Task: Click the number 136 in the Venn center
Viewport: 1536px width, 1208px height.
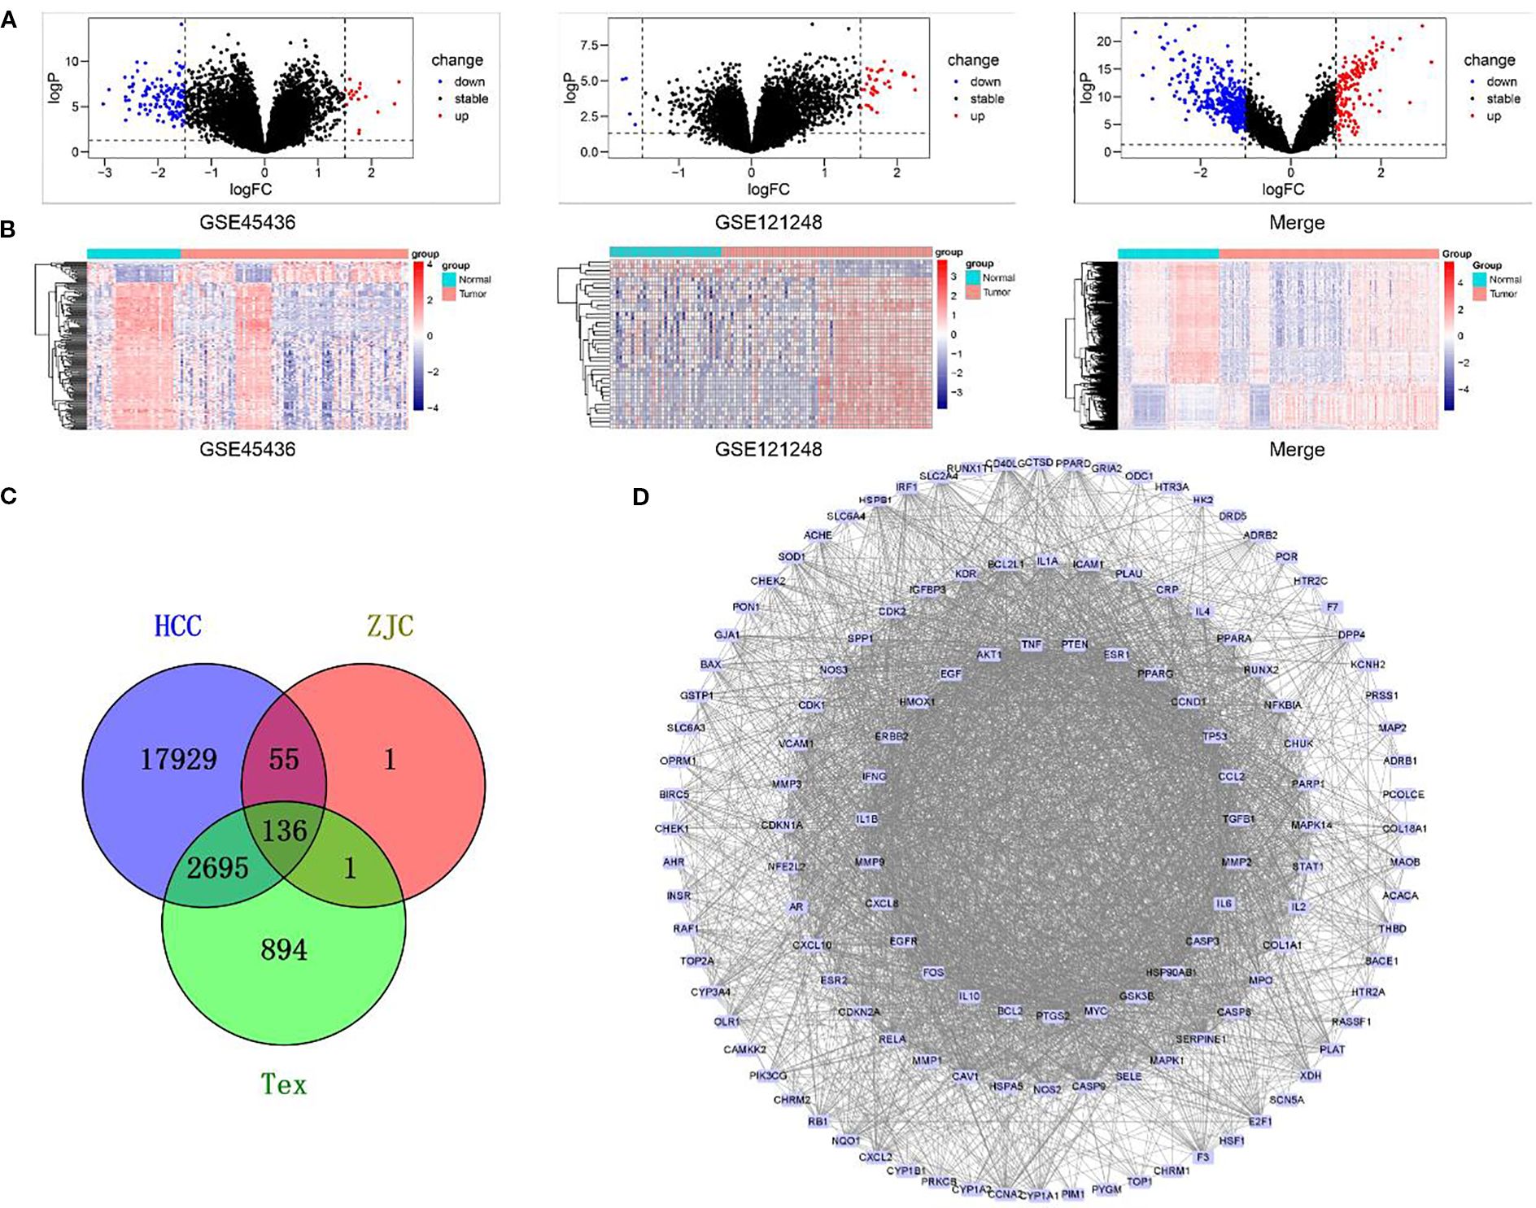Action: tap(284, 831)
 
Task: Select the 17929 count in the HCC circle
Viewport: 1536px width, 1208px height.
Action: tap(179, 760)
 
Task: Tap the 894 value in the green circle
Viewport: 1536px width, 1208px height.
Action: tap(284, 949)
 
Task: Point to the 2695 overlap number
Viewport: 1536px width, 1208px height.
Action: tap(217, 868)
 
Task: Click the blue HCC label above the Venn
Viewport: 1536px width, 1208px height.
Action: tap(178, 626)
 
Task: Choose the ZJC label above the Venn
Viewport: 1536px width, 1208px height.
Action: tap(391, 626)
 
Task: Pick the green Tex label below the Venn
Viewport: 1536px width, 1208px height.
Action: tap(284, 1084)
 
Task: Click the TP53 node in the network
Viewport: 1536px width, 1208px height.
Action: tap(1215, 736)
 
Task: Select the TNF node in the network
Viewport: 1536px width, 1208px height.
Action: tap(1032, 644)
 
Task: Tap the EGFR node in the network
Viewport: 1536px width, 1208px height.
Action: tap(903, 941)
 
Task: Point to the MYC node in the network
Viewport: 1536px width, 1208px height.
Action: tap(1096, 1011)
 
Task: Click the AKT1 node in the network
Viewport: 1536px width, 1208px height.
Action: tap(988, 655)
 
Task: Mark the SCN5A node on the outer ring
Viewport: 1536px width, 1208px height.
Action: tap(1286, 1100)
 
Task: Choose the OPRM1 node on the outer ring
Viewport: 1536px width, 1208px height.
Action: tap(678, 761)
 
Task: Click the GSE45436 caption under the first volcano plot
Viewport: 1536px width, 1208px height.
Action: tap(247, 223)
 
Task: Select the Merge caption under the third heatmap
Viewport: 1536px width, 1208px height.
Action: tap(1297, 450)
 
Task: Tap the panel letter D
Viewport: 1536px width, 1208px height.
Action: tap(641, 496)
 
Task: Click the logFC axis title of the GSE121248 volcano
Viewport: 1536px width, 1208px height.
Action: tap(768, 190)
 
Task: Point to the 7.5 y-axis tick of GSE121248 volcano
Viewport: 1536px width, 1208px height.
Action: tap(589, 46)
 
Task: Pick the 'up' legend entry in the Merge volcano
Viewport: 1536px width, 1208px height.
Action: tap(1494, 116)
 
